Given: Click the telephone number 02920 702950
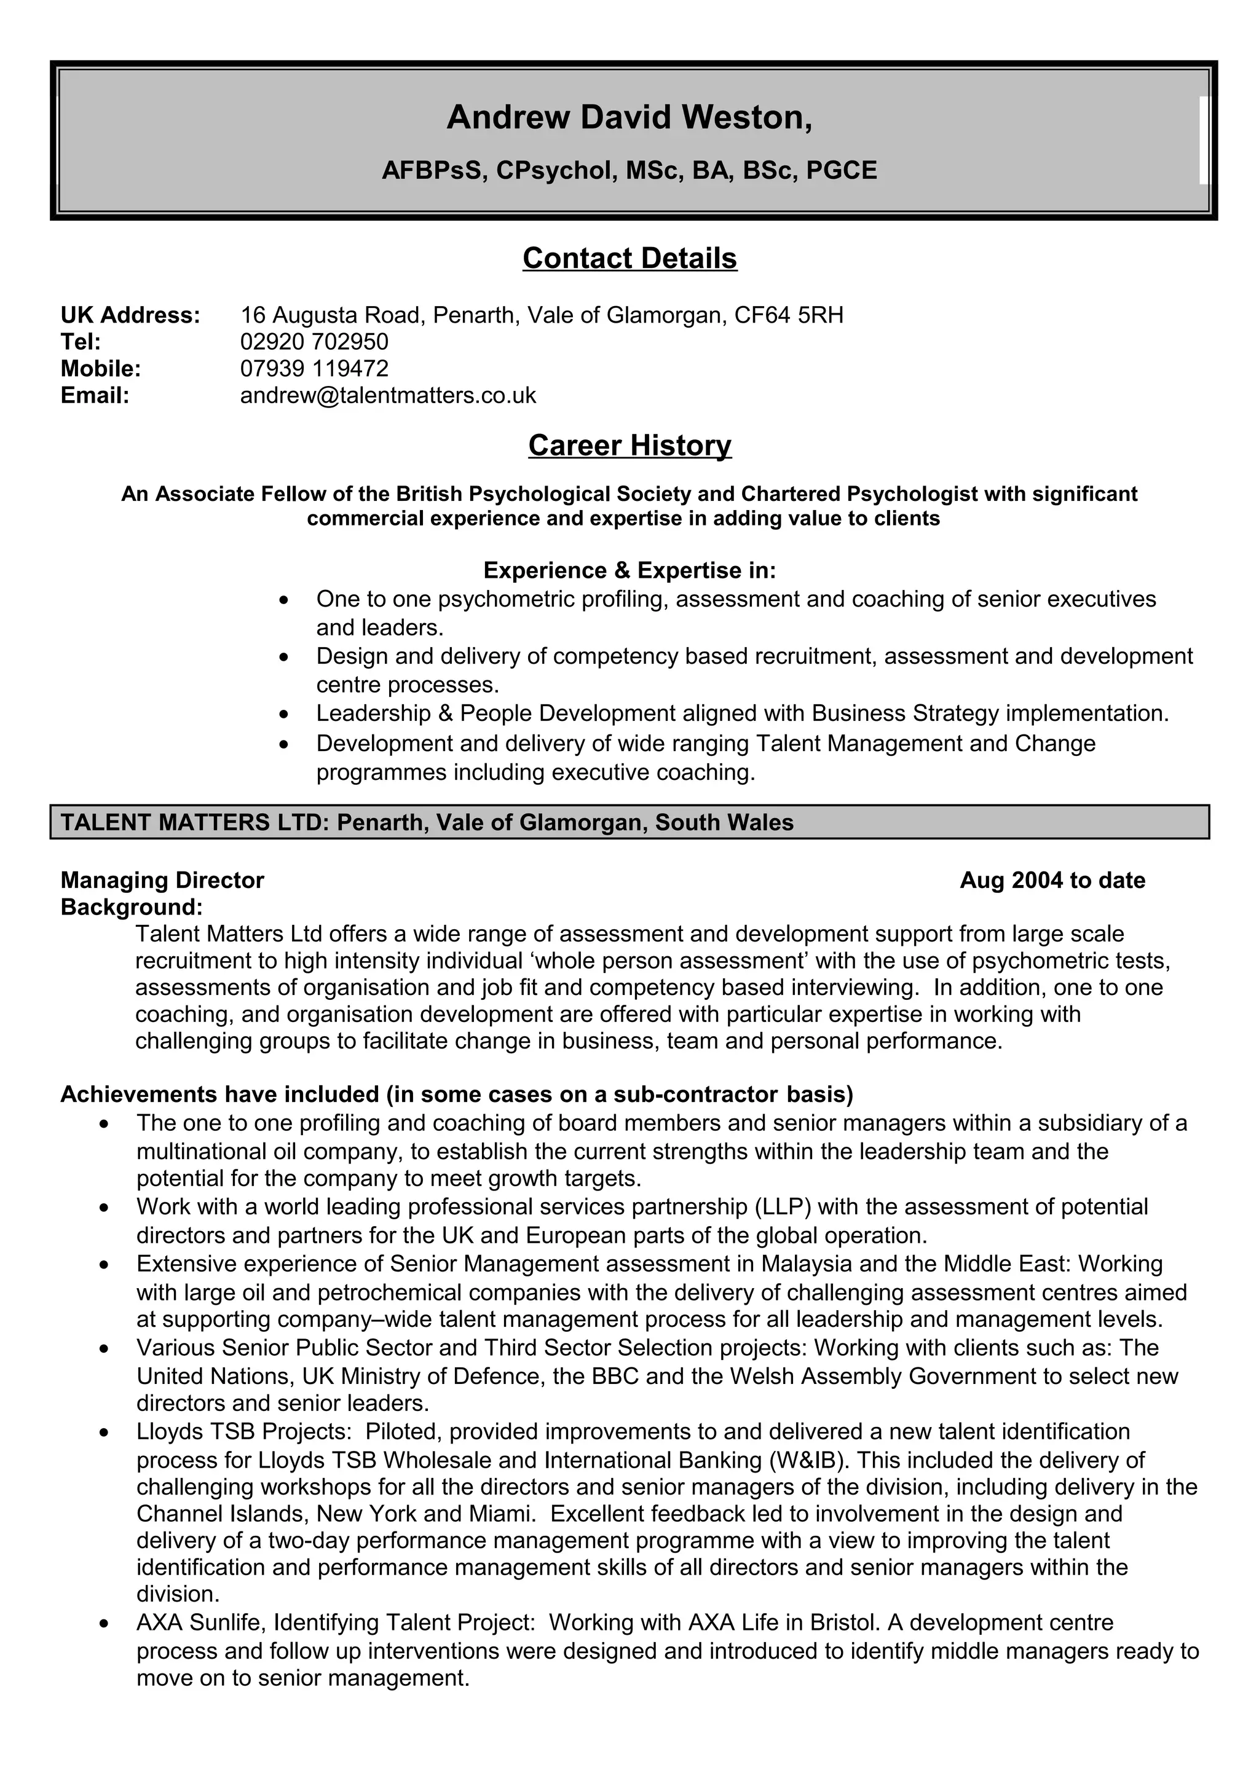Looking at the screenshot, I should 314,342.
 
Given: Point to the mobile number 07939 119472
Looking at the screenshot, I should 314,369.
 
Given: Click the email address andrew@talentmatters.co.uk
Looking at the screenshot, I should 388,396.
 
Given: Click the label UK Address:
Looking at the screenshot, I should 130,315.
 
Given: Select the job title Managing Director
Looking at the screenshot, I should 162,881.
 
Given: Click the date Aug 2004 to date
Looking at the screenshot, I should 1052,881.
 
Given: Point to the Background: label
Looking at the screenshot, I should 132,907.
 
